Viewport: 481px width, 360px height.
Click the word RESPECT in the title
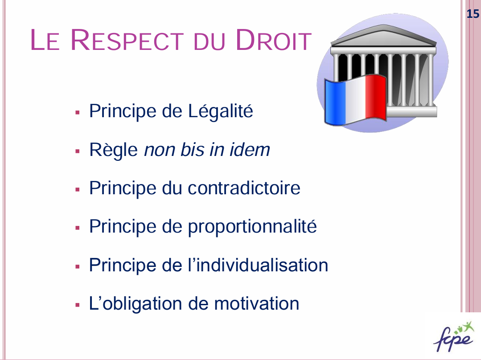click(x=127, y=40)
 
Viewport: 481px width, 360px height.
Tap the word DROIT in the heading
click(x=274, y=40)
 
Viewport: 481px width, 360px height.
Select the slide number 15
click(x=473, y=14)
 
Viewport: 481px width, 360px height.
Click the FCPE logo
click(x=454, y=336)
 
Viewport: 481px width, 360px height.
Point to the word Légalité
click(x=221, y=110)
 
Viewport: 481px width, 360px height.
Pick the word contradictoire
click(x=244, y=188)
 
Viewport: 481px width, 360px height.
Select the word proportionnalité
click(x=252, y=227)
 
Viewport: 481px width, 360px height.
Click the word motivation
click(x=256, y=303)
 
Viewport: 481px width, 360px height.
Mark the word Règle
click(x=114, y=150)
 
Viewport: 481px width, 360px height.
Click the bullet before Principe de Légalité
click(x=77, y=113)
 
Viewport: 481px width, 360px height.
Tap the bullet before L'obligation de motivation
click(x=77, y=305)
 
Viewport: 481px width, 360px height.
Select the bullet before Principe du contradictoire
click(x=77, y=189)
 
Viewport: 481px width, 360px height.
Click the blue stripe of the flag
click(x=335, y=102)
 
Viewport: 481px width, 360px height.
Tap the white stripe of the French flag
click(x=356, y=100)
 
